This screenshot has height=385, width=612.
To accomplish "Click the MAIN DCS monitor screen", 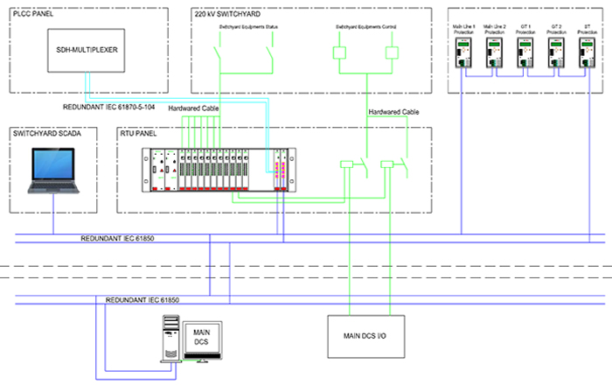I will tap(201, 337).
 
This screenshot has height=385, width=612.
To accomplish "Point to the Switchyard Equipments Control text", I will tap(365, 28).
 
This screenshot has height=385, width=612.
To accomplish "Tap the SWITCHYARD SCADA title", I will tap(45, 134).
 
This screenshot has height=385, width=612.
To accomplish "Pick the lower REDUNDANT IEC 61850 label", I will tap(142, 299).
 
